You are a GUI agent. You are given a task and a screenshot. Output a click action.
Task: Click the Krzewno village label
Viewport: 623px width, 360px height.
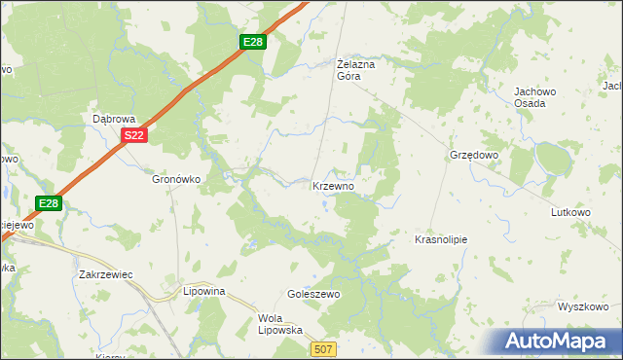coord(339,186)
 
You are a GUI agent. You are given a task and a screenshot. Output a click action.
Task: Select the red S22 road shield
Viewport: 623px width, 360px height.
coord(134,137)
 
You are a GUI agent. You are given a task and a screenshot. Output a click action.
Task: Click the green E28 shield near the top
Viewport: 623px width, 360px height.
coord(254,42)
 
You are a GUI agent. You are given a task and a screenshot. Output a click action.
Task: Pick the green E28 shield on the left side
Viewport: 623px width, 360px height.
coord(50,203)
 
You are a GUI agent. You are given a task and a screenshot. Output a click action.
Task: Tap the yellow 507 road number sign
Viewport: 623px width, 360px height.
coord(325,348)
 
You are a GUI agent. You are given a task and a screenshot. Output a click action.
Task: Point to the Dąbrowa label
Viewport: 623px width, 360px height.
coord(112,118)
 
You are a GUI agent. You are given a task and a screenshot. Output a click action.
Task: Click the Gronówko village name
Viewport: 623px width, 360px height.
coord(176,179)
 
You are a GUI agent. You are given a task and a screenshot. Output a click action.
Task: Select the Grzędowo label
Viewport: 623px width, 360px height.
coord(474,155)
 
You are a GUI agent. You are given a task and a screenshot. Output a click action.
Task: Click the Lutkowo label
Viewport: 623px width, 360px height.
coord(571,212)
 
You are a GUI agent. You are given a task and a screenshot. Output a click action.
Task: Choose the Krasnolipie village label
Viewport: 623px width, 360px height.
coord(442,238)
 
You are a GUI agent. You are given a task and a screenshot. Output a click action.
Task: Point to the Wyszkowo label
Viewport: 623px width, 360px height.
coord(584,306)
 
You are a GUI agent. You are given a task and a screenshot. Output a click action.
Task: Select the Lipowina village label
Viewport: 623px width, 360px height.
coord(204,291)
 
